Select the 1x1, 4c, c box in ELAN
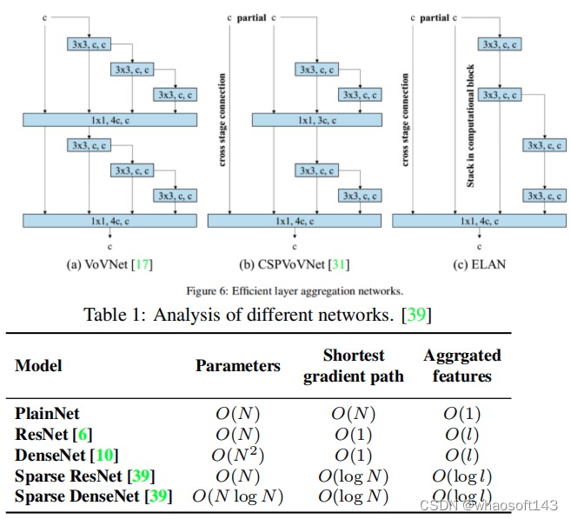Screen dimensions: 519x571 (477, 221)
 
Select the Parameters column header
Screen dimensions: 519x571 (237, 365)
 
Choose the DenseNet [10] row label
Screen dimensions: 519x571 (66, 455)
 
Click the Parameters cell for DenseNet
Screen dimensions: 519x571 (237, 455)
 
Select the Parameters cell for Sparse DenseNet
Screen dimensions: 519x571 (237, 496)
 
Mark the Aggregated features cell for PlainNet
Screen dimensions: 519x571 (461, 414)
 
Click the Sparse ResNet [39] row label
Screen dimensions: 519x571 (86, 476)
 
